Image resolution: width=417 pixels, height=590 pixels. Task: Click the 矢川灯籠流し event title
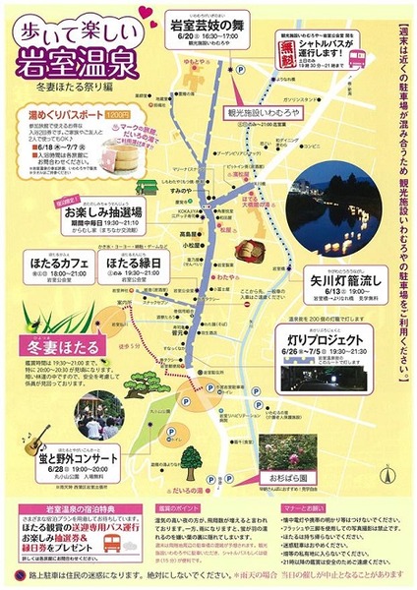click(x=339, y=278)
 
